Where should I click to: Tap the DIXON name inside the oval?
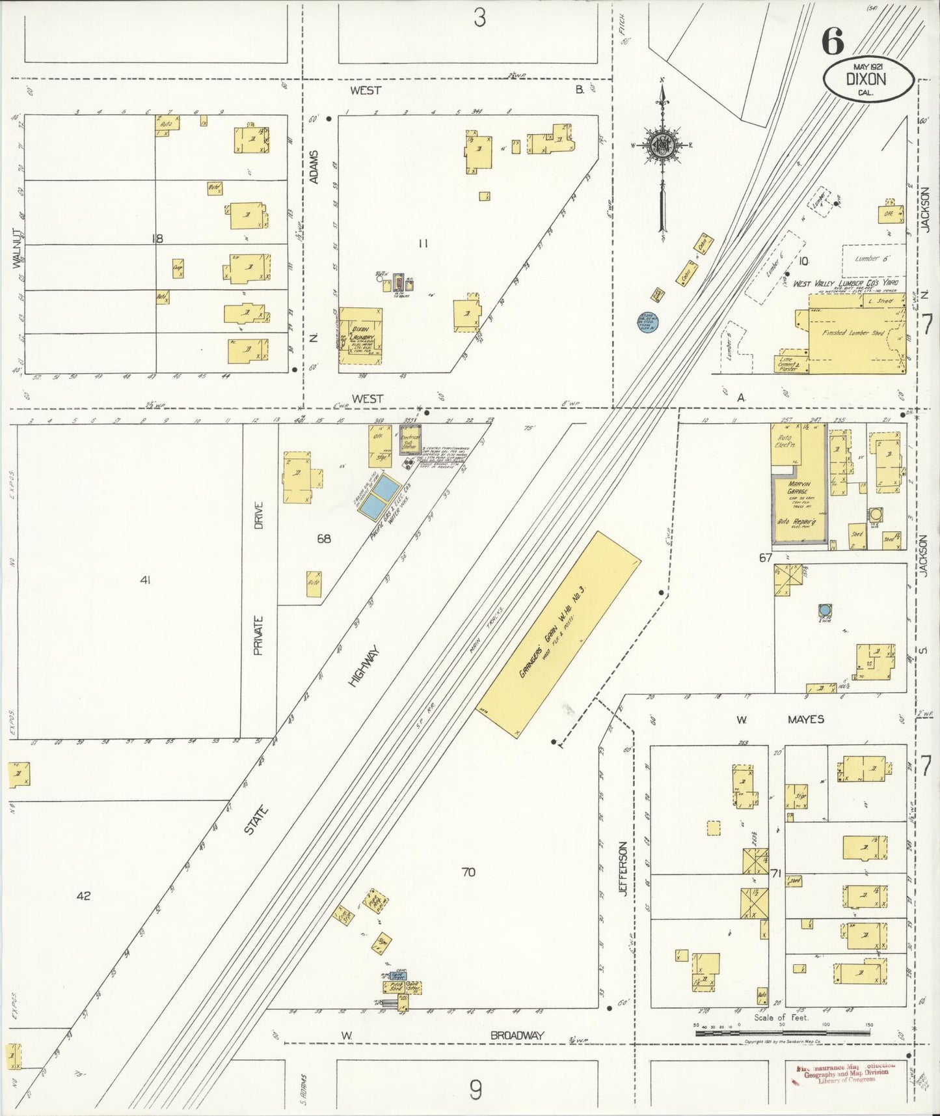(866, 79)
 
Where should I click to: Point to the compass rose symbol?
(662, 145)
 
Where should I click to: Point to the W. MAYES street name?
(781, 719)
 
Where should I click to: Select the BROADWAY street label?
(517, 1035)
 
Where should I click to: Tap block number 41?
(145, 580)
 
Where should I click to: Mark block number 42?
(83, 896)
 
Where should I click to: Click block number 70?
(468, 872)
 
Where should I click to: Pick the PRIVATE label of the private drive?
(258, 635)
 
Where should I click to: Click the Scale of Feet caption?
(781, 1017)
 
